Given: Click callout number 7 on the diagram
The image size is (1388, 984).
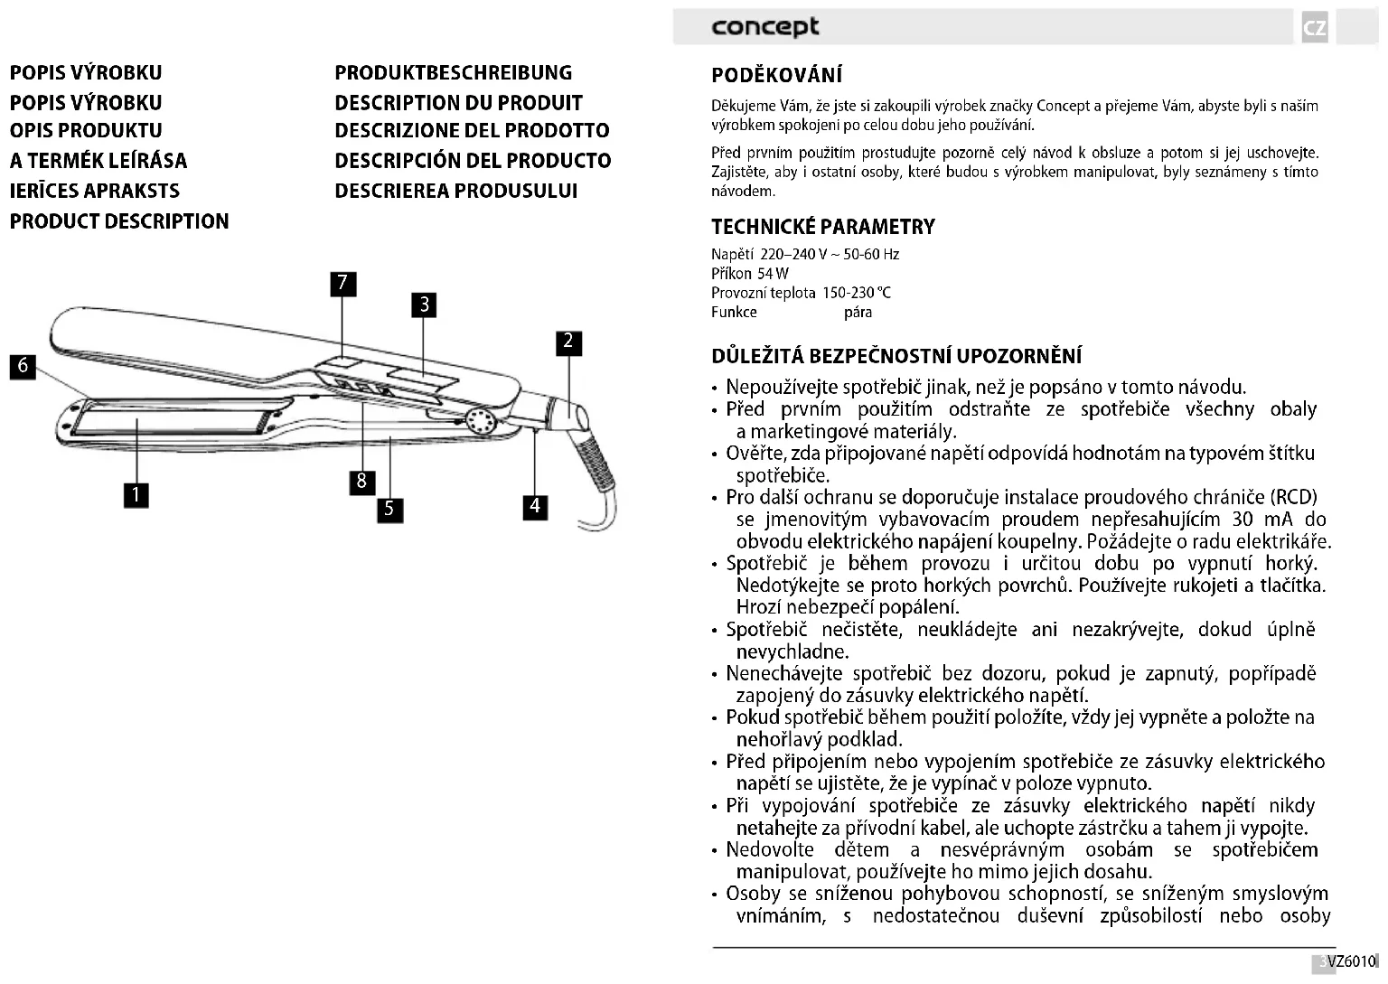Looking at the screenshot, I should click(x=342, y=284).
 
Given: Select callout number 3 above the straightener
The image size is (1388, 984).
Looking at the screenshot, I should click(x=424, y=305).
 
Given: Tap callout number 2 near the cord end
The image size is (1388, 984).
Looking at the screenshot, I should click(x=568, y=342).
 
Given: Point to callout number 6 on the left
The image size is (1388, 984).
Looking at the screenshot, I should click(x=23, y=367).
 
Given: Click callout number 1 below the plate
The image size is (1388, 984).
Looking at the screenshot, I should click(x=136, y=494).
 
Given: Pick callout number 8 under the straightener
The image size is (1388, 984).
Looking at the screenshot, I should click(x=361, y=481).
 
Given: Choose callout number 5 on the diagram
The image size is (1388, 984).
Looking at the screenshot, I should click(x=389, y=509).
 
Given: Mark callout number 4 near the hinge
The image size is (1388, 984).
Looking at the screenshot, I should click(x=535, y=506).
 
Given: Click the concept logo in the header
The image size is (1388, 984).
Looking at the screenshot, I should click(x=764, y=26).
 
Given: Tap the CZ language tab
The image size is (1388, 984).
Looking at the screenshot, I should click(x=1315, y=28).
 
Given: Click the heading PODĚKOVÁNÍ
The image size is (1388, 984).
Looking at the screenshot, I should click(x=776, y=75).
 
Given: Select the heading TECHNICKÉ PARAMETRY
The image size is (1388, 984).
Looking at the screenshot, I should click(x=822, y=227).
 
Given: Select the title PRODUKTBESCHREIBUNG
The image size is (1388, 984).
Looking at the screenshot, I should click(x=453, y=73).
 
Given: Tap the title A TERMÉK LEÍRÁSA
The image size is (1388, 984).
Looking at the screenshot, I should click(x=98, y=161).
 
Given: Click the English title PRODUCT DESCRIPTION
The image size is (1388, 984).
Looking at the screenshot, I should click(x=119, y=221).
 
